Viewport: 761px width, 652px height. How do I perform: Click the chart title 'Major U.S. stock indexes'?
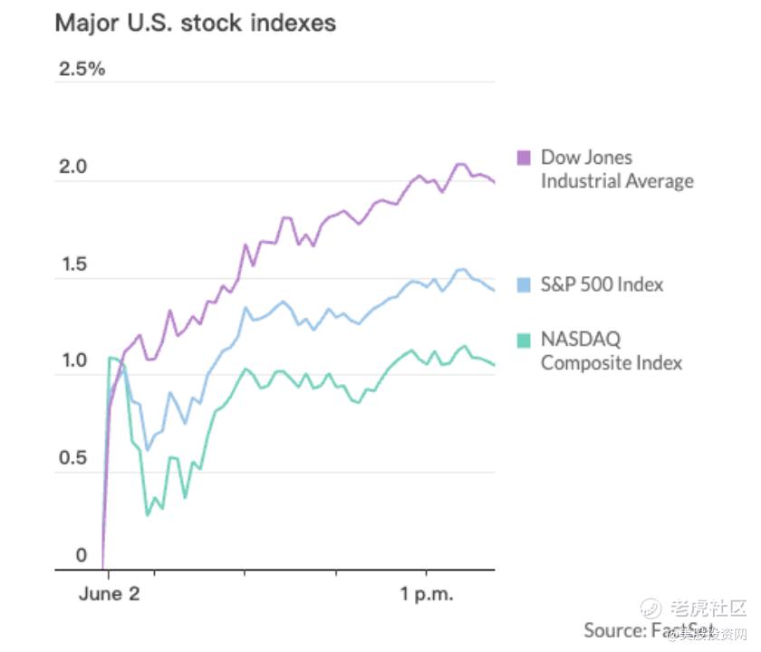[x=196, y=23]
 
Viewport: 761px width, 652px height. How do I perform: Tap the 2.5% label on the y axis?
[x=81, y=70]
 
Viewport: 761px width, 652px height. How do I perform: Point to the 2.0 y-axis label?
[x=74, y=168]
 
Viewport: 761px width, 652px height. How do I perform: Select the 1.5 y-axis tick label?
[x=74, y=265]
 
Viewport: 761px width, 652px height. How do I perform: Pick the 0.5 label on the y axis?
[x=74, y=459]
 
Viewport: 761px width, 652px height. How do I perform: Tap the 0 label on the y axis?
[x=82, y=556]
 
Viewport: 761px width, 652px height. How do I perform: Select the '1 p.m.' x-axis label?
[x=426, y=595]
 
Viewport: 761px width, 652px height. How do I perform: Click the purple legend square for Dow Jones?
[x=523, y=158]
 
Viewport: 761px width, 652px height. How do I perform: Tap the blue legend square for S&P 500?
[x=523, y=284]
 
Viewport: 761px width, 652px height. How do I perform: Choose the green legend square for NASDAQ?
[x=523, y=340]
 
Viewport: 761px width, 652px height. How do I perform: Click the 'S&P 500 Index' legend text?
[x=602, y=284]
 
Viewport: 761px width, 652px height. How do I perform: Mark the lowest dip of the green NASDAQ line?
[x=148, y=515]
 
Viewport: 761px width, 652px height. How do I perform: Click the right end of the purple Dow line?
[x=495, y=182]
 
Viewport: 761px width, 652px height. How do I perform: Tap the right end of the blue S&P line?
[x=495, y=291]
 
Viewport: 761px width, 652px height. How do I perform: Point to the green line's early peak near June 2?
[x=111, y=358]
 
